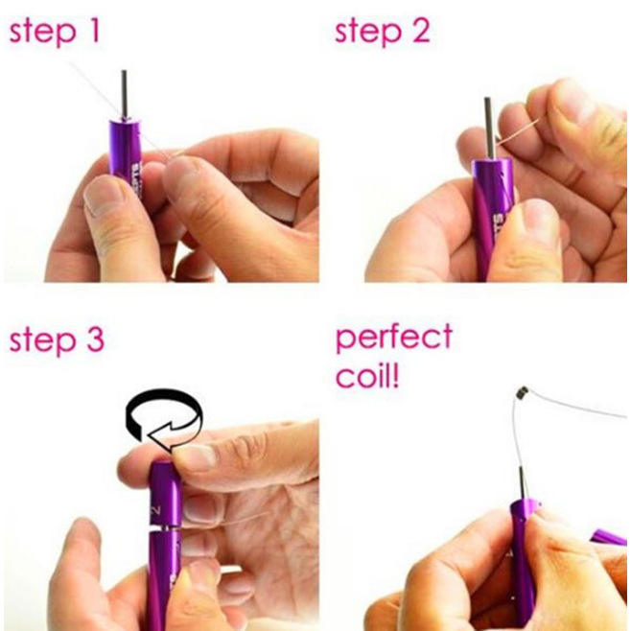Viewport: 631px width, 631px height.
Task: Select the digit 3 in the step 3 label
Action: coord(94,339)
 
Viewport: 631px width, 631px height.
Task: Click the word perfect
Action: coord(394,338)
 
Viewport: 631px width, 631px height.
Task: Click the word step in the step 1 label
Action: coord(42,33)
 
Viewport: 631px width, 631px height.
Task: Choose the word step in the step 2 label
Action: coord(368,33)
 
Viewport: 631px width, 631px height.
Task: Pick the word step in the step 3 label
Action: coord(42,341)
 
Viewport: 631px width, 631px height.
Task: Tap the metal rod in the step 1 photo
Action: coord(125,95)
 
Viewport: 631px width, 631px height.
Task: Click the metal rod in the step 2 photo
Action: coord(488,129)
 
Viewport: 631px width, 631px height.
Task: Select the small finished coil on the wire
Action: coord(523,392)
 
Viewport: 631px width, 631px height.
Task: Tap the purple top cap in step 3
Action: coord(166,494)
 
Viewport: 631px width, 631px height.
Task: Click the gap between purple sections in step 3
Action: coord(164,528)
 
